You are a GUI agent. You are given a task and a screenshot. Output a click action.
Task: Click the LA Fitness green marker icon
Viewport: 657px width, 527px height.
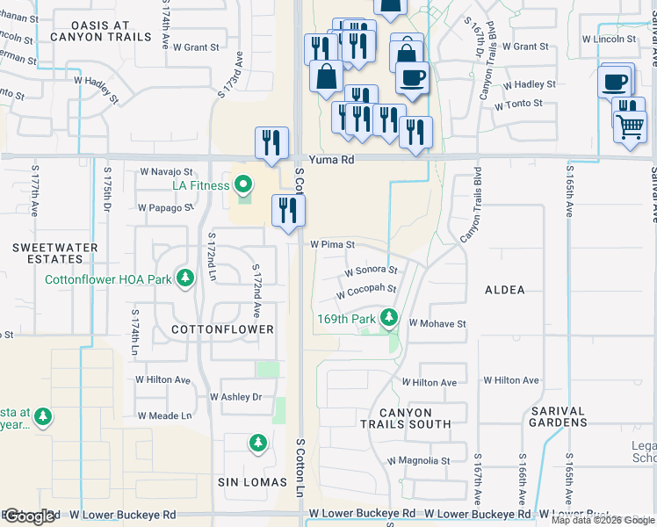[x=242, y=184]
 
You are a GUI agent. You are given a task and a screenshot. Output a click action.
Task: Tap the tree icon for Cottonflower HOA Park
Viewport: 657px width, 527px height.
[x=184, y=279]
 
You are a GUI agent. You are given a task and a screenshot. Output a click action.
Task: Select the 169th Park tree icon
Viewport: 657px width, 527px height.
[x=388, y=318]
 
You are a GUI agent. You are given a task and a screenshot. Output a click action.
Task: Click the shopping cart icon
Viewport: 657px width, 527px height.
[x=630, y=126]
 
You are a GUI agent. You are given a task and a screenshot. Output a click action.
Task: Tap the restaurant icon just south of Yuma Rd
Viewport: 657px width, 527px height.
[x=288, y=210]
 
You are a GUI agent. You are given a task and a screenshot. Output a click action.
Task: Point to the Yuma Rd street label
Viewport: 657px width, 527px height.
[x=336, y=161]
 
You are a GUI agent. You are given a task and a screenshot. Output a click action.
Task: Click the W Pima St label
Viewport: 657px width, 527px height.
[x=331, y=245]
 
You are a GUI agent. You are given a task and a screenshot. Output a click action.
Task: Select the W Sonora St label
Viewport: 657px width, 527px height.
[x=371, y=271]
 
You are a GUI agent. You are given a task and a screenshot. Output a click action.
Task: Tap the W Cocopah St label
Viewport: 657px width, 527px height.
[x=371, y=288]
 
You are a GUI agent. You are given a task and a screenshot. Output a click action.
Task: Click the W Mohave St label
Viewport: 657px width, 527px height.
[x=437, y=323]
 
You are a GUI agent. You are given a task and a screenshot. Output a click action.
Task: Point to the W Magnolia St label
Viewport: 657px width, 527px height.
[x=418, y=460]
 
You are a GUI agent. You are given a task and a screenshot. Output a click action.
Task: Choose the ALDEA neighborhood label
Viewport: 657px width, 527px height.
[x=504, y=290]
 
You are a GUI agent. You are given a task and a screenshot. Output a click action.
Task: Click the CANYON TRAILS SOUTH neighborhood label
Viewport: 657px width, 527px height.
[x=406, y=418]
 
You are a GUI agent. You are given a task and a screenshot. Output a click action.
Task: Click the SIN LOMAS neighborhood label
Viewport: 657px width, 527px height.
[x=252, y=483]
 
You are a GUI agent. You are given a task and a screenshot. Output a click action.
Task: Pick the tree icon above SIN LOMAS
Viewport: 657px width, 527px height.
[x=257, y=442]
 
